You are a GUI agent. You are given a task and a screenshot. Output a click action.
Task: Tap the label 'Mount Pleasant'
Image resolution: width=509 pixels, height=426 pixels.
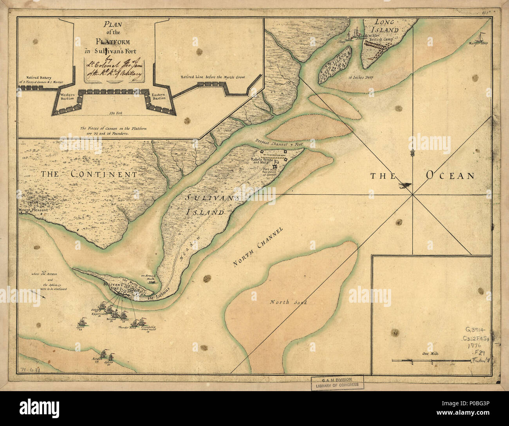pyautogui.click(x=33, y=210)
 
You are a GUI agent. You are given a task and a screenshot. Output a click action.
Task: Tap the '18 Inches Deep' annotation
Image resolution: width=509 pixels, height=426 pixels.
pyautogui.click(x=360, y=78)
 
